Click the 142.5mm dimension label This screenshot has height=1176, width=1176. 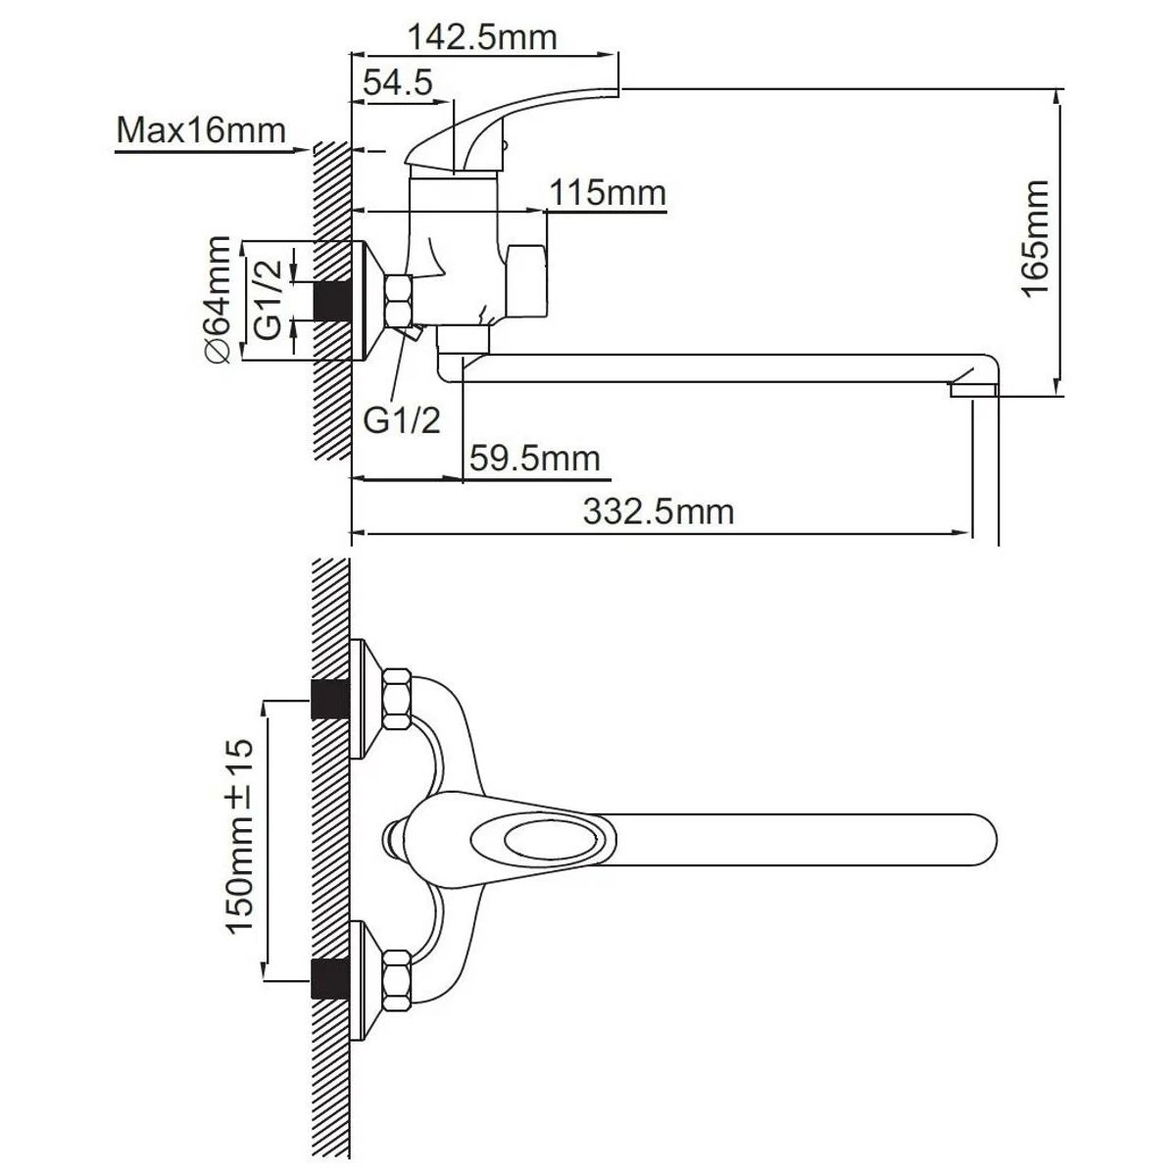[x=482, y=37]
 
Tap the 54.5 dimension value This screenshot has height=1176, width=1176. [x=397, y=82]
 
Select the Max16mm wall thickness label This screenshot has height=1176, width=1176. [x=201, y=129]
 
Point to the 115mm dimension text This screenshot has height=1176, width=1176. [x=608, y=193]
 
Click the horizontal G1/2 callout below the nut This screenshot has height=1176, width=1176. [x=402, y=419]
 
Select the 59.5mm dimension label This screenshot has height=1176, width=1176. [x=535, y=458]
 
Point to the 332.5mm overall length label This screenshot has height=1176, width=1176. [x=659, y=511]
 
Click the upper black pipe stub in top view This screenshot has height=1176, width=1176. [x=330, y=698]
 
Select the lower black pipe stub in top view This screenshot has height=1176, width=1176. [x=330, y=979]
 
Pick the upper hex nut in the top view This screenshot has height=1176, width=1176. [x=397, y=698]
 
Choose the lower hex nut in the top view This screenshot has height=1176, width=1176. [x=397, y=979]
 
